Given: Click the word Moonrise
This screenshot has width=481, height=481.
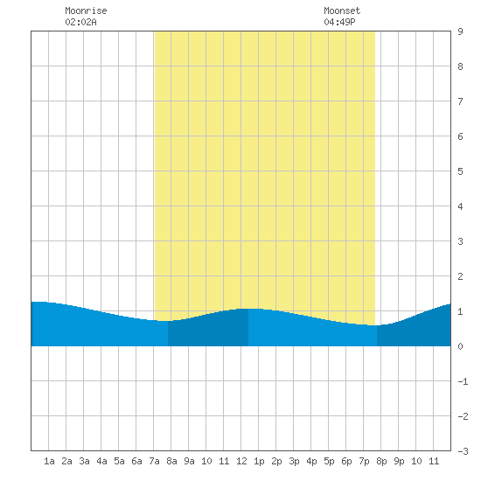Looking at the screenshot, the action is [x=86, y=10].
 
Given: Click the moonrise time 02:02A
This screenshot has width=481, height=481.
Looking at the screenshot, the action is [x=80, y=22].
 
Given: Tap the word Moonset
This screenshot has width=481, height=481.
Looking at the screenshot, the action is [x=342, y=10].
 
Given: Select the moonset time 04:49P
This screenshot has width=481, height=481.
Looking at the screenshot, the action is [x=339, y=22].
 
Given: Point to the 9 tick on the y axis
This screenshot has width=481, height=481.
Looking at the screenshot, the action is [x=460, y=31].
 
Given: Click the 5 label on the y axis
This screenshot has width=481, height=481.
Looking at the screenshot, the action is [x=460, y=171].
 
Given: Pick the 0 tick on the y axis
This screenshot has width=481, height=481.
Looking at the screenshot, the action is [x=460, y=346].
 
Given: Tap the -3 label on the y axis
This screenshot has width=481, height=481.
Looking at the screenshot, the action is [x=463, y=451].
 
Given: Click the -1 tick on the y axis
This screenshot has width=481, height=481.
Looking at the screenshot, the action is [x=463, y=381].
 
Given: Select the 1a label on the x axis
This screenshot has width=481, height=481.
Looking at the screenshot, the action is [x=49, y=461].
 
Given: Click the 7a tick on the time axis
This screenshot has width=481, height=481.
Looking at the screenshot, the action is [x=154, y=461].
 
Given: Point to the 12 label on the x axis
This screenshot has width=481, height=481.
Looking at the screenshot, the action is [x=241, y=461].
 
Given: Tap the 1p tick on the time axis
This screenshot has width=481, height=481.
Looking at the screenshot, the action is [x=259, y=461].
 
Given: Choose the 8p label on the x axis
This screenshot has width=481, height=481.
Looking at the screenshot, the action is [x=381, y=461].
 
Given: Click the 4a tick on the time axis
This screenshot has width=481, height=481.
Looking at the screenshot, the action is [x=101, y=461].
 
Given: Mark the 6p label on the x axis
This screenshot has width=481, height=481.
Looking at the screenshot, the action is [x=346, y=461].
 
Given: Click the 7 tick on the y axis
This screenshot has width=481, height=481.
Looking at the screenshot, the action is [x=460, y=101].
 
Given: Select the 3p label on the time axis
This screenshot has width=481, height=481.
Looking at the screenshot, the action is [x=294, y=461].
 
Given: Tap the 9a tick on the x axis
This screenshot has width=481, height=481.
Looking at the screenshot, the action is [x=189, y=461].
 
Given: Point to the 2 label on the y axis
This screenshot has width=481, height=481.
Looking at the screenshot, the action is [x=460, y=276].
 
